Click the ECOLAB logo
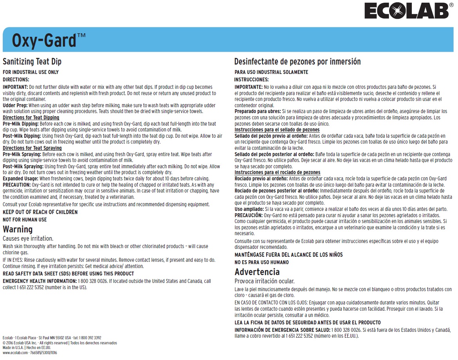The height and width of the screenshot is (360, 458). pyautogui.click(x=406, y=11)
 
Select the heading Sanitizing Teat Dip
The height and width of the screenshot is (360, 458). pyautogui.click(x=32, y=62)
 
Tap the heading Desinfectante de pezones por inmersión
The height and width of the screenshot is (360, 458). pyautogui.click(x=297, y=62)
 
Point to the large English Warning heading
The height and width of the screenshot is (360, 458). pyautogui.click(x=18, y=229)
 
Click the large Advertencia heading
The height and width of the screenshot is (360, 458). pyautogui.click(x=257, y=272)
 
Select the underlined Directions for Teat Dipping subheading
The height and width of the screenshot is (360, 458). pyautogui.click(x=31, y=117)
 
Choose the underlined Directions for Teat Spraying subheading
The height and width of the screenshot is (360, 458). pyautogui.click(x=32, y=148)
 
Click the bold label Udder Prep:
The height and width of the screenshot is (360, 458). pyautogui.click(x=15, y=106)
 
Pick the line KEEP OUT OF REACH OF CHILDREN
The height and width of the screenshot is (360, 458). pyautogui.click(x=40, y=212)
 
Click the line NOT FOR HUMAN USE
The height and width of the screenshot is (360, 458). pyautogui.click(x=25, y=220)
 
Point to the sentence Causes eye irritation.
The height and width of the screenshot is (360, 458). pyautogui.click(x=28, y=238)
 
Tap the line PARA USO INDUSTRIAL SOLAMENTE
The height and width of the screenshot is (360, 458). pyautogui.click(x=271, y=72)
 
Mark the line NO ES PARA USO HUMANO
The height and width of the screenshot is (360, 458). pyautogui.click(x=261, y=262)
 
